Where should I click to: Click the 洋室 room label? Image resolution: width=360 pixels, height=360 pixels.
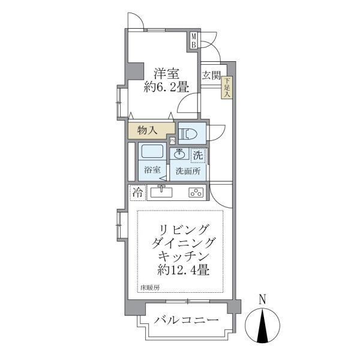[x=166, y=74]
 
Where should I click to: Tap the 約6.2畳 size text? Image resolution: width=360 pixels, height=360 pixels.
[x=166, y=88]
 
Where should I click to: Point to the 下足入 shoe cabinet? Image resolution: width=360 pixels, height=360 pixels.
[x=227, y=89]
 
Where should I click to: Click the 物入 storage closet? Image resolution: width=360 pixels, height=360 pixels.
[x=148, y=130]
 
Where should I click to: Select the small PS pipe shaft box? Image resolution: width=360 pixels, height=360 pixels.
[x=173, y=141]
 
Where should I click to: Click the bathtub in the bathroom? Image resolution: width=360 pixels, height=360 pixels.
[x=152, y=152]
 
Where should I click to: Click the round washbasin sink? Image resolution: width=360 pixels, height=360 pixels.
[x=180, y=154]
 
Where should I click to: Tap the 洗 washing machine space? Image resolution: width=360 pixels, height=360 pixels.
[x=197, y=154]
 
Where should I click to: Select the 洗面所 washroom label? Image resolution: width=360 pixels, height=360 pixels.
[x=188, y=170]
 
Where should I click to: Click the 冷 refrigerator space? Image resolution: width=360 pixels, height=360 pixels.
[x=137, y=193]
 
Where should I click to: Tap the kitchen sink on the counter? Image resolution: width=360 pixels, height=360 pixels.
[x=160, y=193]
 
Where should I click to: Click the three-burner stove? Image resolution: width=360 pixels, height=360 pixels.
[x=196, y=193]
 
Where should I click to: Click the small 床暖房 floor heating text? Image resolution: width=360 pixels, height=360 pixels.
[x=151, y=287]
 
